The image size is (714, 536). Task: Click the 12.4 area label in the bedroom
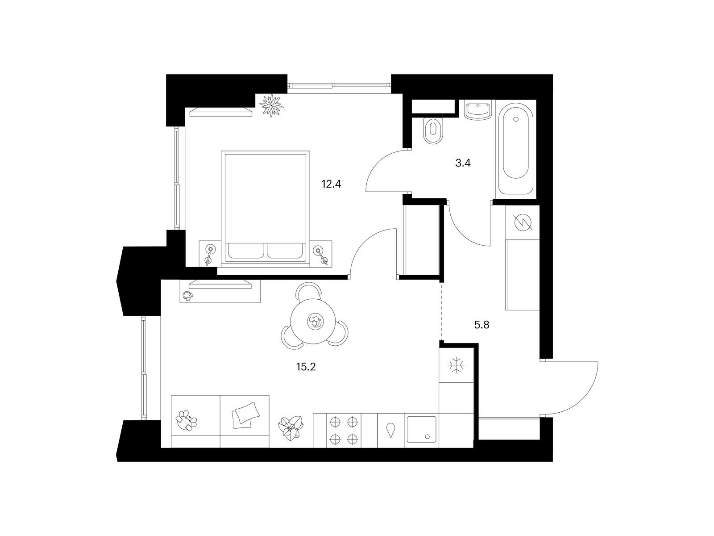(x=331, y=184)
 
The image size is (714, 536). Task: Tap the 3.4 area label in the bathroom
(x=463, y=163)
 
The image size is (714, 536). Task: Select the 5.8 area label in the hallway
(x=482, y=325)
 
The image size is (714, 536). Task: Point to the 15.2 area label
(x=306, y=367)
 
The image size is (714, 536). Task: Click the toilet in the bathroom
(x=434, y=130)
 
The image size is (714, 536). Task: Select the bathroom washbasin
(x=477, y=110)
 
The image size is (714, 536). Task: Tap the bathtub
(x=515, y=150)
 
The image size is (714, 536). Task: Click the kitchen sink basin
(x=422, y=429)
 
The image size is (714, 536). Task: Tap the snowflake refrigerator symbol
(x=456, y=365)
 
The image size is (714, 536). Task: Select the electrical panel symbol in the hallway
(x=523, y=222)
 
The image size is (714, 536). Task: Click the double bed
(x=265, y=209)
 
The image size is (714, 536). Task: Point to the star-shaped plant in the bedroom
(x=271, y=105)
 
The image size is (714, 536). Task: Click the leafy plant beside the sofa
(x=291, y=428)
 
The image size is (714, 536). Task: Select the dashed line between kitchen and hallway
(x=441, y=311)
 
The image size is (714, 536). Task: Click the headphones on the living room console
(x=188, y=296)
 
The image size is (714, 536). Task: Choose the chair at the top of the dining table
(x=309, y=291)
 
